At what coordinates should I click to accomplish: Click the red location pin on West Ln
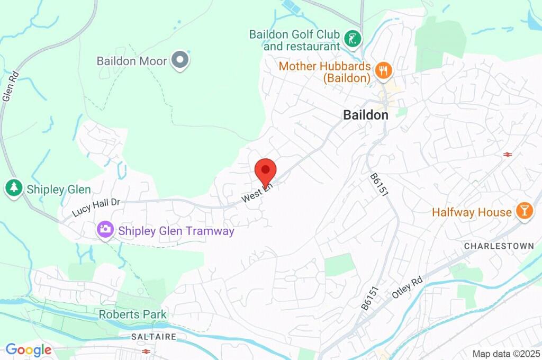pyautogui.click(x=265, y=170)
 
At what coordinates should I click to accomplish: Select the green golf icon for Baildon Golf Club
pyautogui.click(x=353, y=38)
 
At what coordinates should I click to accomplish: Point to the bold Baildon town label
pyautogui.click(x=365, y=115)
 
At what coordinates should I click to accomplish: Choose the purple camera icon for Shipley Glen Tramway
pyautogui.click(x=105, y=229)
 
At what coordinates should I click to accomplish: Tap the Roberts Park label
pyautogui.click(x=132, y=314)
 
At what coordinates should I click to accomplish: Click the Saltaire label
pyautogui.click(x=153, y=337)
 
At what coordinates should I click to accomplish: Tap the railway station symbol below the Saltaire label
pyautogui.click(x=145, y=350)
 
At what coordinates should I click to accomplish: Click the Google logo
pyautogui.click(x=29, y=350)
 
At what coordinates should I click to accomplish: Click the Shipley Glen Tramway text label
pyautogui.click(x=176, y=231)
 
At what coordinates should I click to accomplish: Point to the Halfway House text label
pyautogui.click(x=472, y=212)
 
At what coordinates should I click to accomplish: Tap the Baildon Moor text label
pyautogui.click(x=131, y=61)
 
